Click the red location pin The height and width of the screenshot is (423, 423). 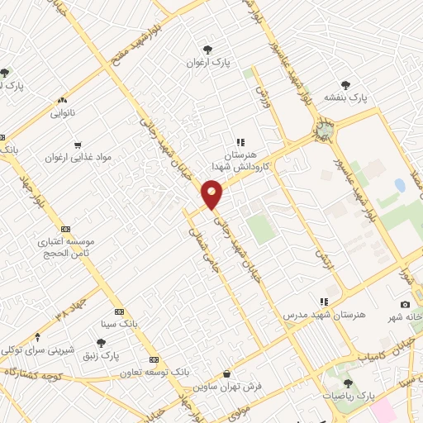(x=212, y=195)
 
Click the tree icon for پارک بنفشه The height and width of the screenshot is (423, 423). (x=345, y=85)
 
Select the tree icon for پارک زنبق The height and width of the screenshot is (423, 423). (x=101, y=342)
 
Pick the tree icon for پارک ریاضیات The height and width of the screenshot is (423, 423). (x=348, y=383)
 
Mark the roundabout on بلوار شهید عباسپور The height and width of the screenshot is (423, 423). (x=325, y=128)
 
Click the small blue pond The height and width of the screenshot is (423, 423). (x=400, y=185)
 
